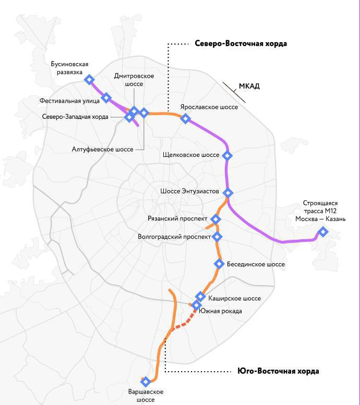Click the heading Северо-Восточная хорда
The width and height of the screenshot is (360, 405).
(241, 44)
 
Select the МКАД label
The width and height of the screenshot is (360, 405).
(249, 86)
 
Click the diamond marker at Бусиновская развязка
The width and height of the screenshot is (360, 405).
(89, 79)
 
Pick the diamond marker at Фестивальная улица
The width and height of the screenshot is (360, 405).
(106, 97)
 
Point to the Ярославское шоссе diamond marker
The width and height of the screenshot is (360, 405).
(185, 119)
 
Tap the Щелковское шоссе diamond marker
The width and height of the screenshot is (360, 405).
(227, 155)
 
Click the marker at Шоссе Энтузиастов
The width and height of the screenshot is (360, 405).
(227, 192)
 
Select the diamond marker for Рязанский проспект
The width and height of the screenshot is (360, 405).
(216, 219)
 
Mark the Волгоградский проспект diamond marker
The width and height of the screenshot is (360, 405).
(218, 237)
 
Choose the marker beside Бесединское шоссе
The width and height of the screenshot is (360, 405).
(219, 264)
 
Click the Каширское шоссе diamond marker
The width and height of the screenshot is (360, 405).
(200, 296)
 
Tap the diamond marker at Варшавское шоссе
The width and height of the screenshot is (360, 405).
(146, 382)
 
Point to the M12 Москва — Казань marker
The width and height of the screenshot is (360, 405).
(323, 231)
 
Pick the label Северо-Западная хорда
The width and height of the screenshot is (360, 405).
(75, 117)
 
